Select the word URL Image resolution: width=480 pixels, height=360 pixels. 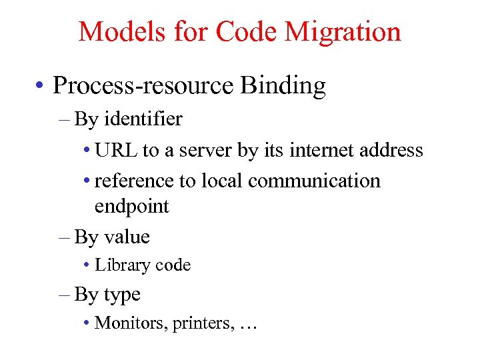(117, 150)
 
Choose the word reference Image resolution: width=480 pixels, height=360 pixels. (134, 181)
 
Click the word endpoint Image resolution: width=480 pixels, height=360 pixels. (132, 207)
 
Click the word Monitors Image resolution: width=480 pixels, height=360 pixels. (131, 323)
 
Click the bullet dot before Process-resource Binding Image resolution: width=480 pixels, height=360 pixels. (41, 87)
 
